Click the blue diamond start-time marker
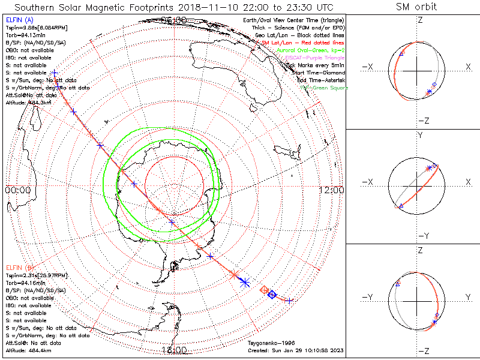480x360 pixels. tap(272, 294)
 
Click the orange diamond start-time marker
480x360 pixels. tap(263, 290)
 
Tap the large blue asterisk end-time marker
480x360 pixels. tap(244, 282)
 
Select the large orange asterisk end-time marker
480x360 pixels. tap(234, 275)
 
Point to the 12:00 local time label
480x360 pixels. tap(332, 190)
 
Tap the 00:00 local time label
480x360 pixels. tap(17, 190)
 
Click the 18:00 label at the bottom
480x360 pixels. tap(174, 350)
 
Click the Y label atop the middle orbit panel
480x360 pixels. tap(420, 135)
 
